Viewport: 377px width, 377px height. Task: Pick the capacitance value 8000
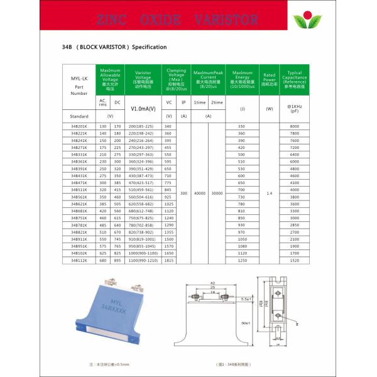[295, 126]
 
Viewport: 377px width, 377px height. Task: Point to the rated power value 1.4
[269, 193]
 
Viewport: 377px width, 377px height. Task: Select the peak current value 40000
[200, 193]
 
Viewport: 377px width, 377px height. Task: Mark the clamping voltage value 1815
[168, 259]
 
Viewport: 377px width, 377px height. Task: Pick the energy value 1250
[242, 259]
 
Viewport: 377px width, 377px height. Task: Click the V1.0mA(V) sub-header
[142, 108]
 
